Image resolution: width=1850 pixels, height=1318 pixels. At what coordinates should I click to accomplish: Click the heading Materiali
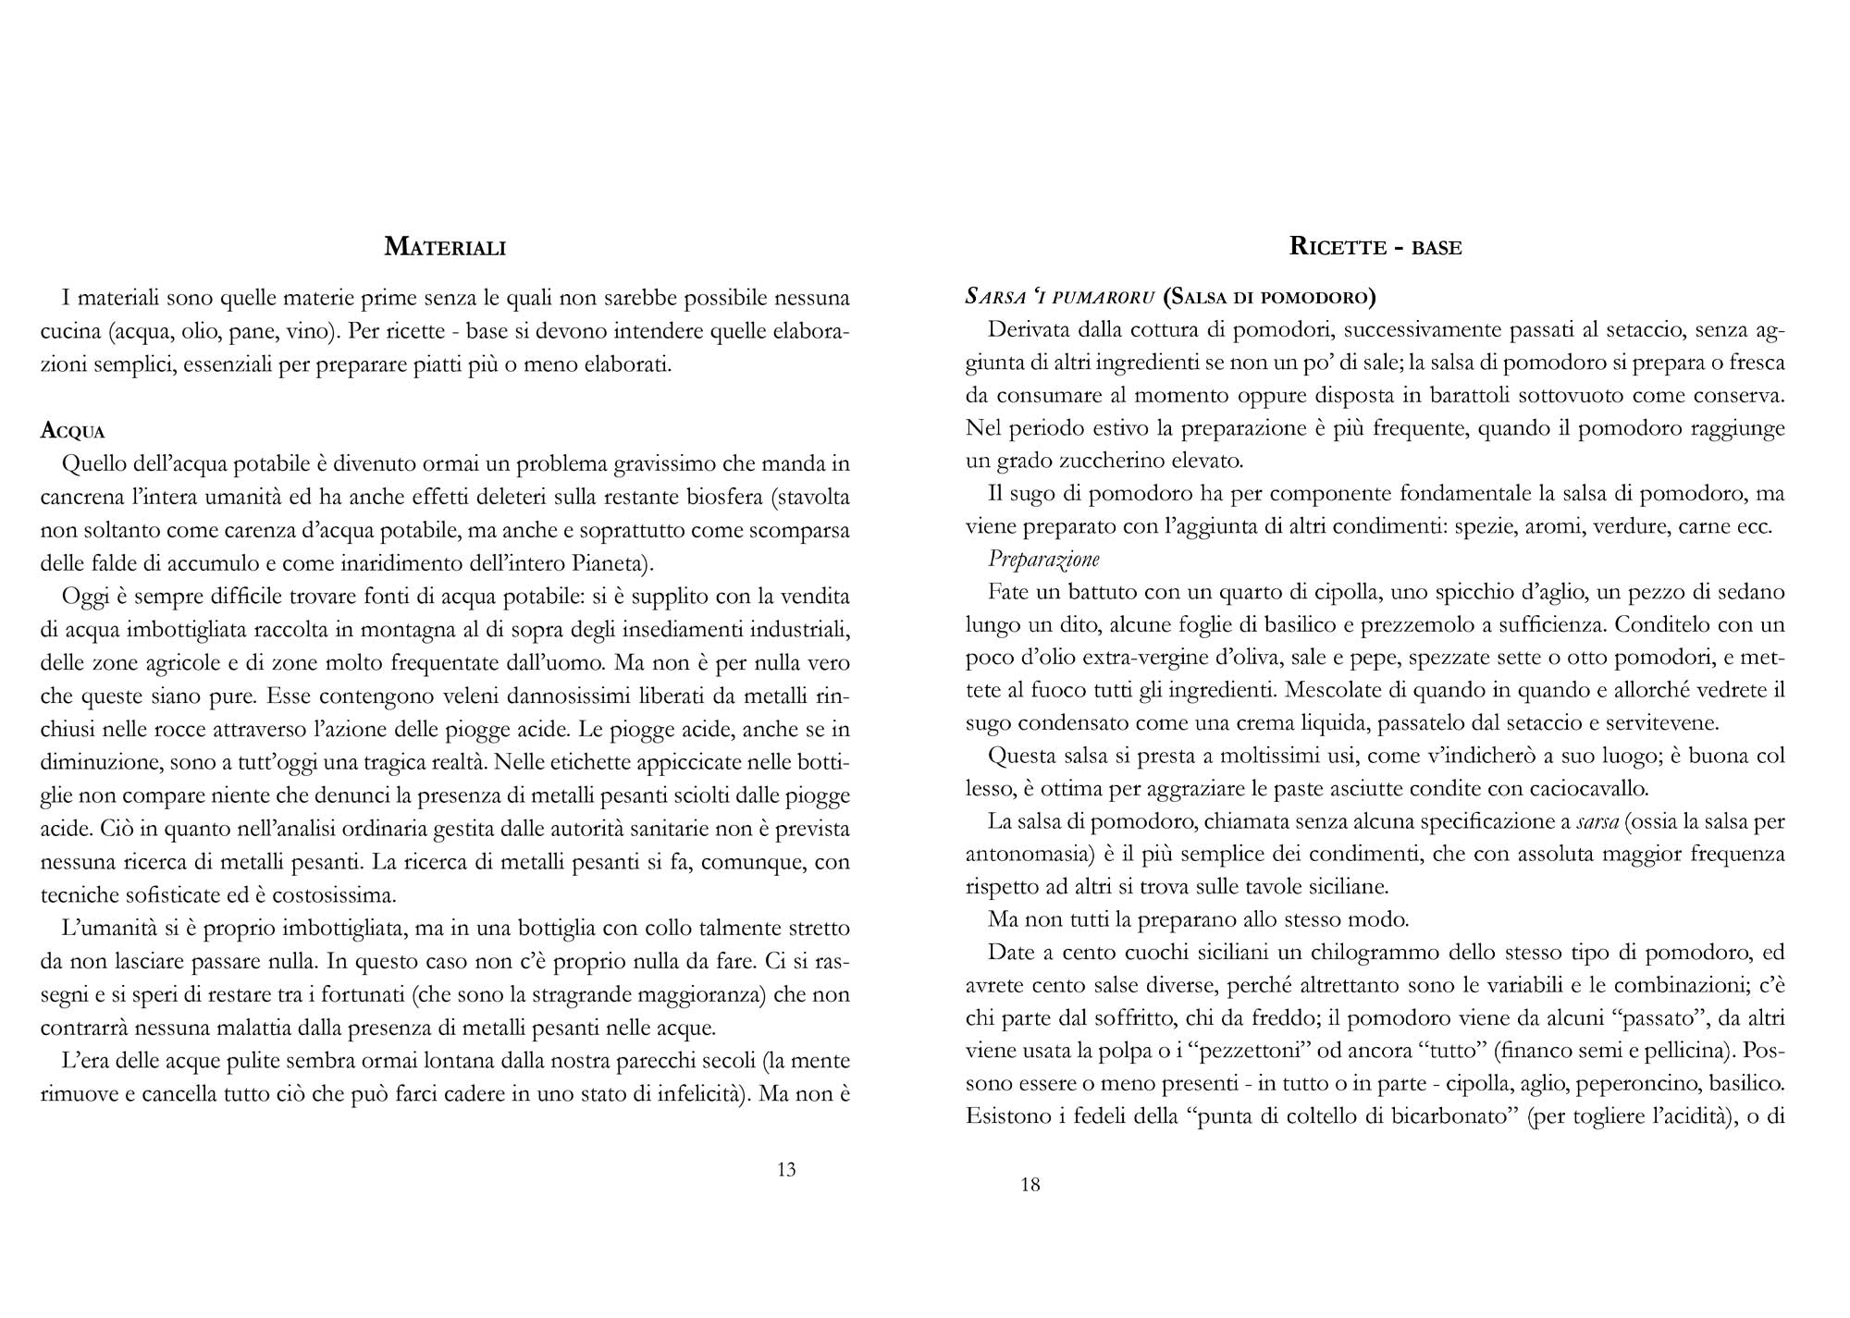(445, 247)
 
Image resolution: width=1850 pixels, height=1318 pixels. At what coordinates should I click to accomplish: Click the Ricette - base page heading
(1375, 247)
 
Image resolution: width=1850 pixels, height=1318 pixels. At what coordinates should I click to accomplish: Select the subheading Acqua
(73, 432)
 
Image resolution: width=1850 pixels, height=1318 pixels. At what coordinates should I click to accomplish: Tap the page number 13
(786, 1170)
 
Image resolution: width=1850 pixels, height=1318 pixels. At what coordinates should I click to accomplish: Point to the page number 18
(1030, 1185)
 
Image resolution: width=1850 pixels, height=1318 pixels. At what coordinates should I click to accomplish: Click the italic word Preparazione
(1043, 559)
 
